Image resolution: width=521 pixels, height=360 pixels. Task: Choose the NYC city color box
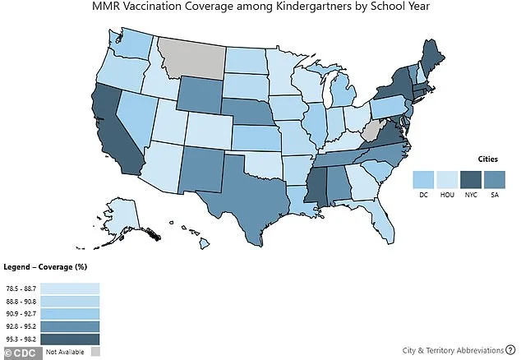tap(472, 178)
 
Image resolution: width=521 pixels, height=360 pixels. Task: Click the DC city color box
tap(423, 178)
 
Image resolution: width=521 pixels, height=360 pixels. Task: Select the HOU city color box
tap(448, 178)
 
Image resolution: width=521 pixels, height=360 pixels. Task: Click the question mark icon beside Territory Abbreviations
tap(510, 349)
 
